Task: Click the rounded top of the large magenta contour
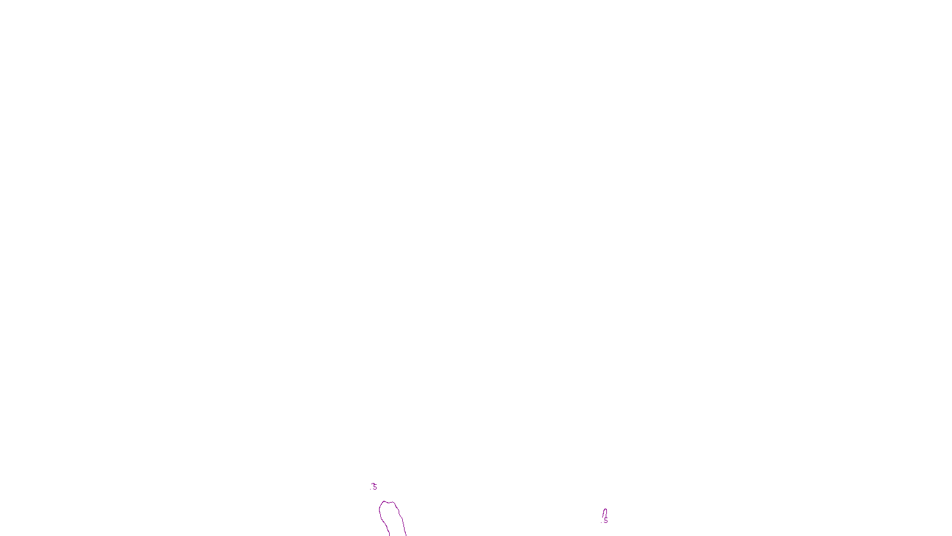tap(387, 502)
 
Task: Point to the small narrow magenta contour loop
tap(605, 513)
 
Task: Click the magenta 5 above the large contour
tap(374, 487)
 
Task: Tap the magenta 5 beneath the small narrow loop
tap(606, 521)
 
